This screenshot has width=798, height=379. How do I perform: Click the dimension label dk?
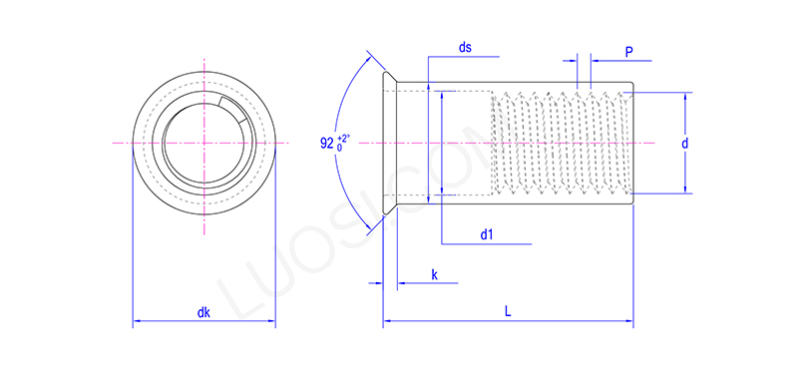pos(203,312)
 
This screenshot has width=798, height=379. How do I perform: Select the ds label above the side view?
pos(465,48)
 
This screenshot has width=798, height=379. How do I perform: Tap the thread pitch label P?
pos(629,50)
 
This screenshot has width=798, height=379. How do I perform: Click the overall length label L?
pos(508,312)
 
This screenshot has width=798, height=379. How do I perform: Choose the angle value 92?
pos(327,144)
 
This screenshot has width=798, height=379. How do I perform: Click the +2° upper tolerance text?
pos(344,137)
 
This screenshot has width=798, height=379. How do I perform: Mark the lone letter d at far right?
pos(685,144)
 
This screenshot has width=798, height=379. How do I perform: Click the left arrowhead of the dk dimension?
pos(138,322)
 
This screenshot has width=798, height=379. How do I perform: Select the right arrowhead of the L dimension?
pos(628,322)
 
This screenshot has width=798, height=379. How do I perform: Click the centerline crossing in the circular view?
pos(203,144)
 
